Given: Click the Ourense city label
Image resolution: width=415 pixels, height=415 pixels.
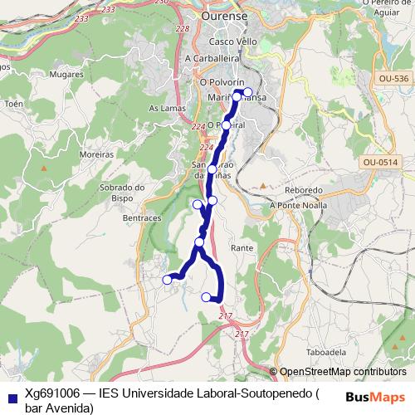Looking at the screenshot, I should (226, 16).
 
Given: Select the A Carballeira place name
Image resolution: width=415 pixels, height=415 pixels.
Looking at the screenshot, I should (212, 59).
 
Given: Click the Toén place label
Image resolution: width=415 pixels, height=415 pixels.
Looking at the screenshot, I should (14, 105).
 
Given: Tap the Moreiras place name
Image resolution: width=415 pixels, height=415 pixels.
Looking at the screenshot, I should (97, 155).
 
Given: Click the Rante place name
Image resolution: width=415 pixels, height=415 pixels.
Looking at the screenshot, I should (242, 248).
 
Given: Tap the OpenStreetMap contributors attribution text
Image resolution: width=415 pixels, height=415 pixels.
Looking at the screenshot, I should (342, 372).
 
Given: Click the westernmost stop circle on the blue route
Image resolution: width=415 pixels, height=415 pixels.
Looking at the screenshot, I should (167, 280).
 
